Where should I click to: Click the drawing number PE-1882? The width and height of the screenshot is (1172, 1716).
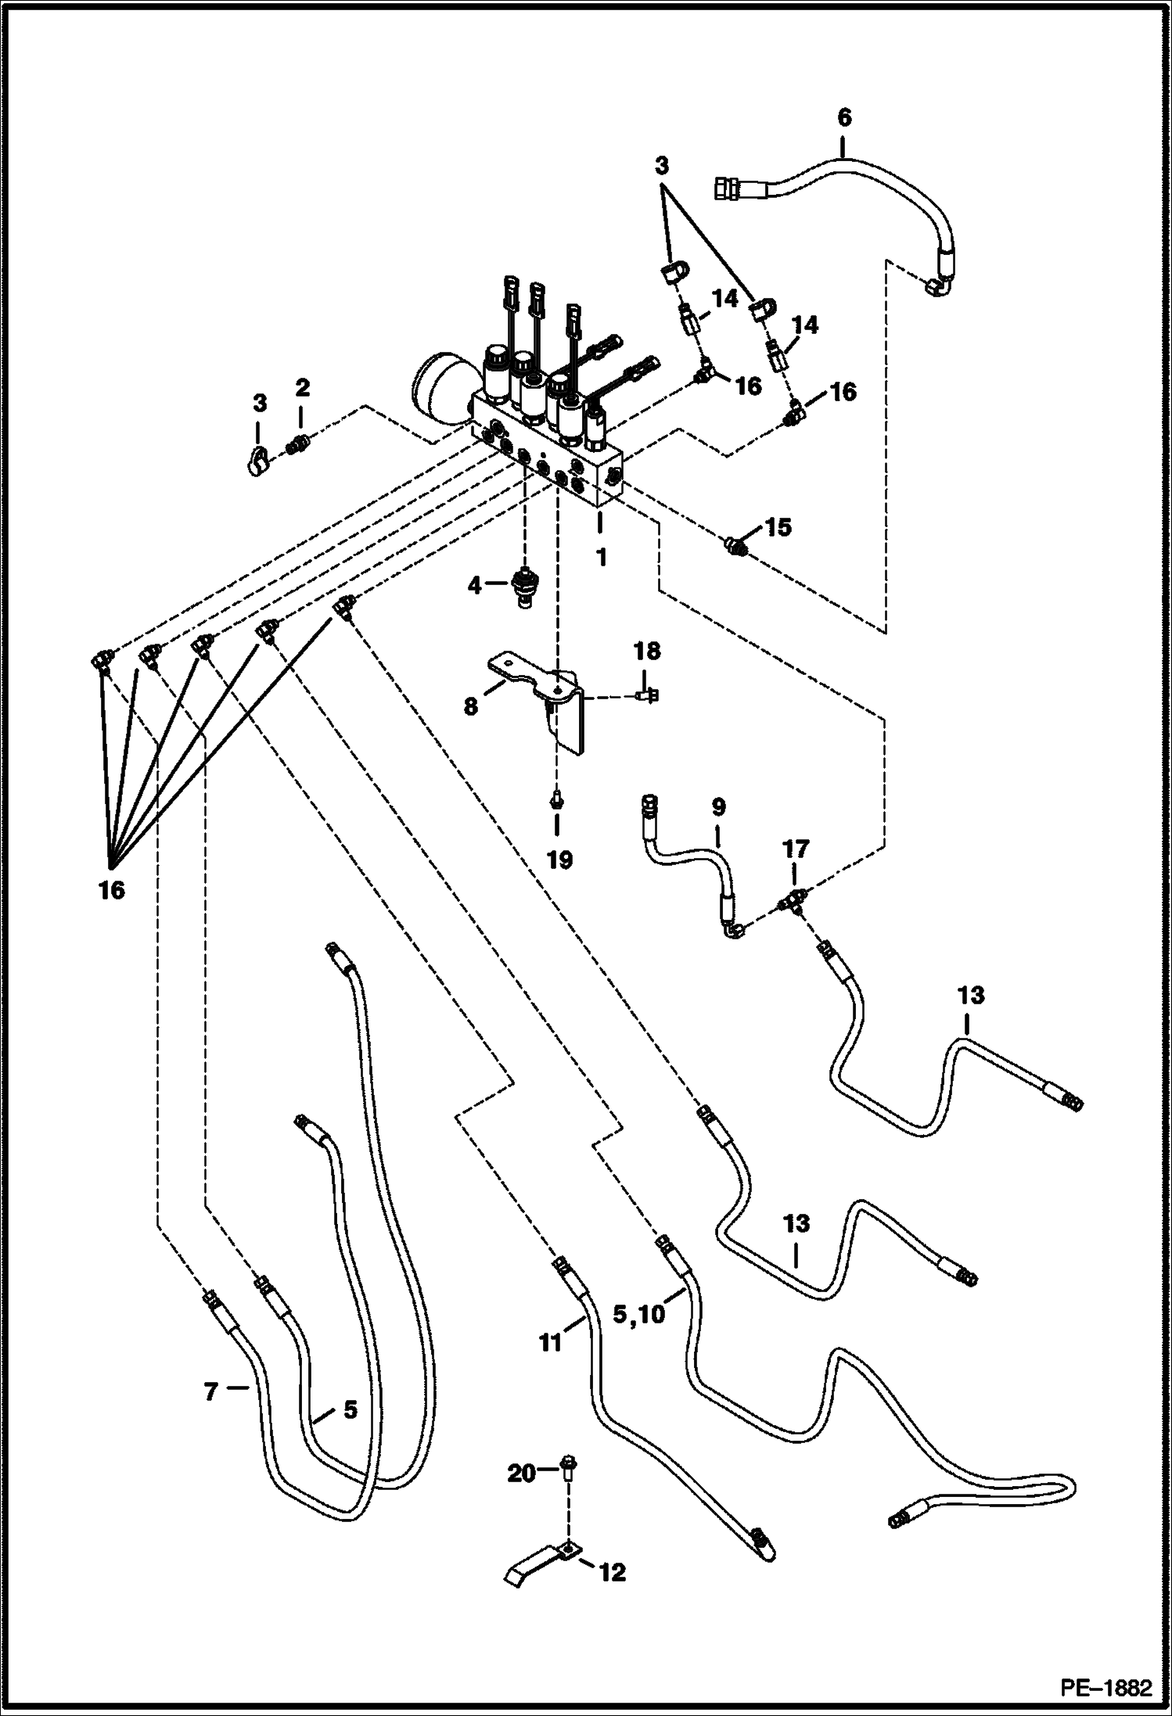[1106, 1688]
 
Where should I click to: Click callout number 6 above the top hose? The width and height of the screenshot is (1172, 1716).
[843, 118]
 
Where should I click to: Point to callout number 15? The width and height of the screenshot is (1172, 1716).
[778, 526]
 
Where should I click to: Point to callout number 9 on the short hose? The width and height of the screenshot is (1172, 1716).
[718, 807]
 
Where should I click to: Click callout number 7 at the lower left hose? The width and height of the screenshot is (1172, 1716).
[210, 1392]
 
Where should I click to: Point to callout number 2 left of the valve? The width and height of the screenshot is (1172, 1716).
[302, 386]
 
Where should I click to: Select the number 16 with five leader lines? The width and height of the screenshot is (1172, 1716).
[112, 889]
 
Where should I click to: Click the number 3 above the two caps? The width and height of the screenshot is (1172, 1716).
[662, 166]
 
